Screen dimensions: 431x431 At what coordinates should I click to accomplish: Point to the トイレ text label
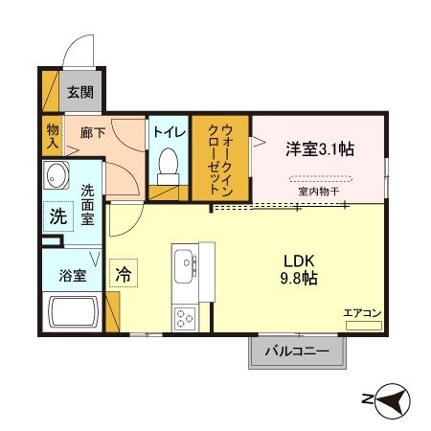(x=169, y=133)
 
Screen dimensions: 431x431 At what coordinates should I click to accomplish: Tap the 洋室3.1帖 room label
(x=319, y=148)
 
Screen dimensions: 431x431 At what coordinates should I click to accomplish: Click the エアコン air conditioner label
(x=363, y=312)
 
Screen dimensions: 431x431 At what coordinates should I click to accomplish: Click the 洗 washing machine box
(x=57, y=216)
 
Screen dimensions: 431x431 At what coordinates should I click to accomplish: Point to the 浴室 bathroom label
(x=73, y=276)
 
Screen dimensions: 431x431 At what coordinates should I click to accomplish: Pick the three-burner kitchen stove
(x=185, y=316)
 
